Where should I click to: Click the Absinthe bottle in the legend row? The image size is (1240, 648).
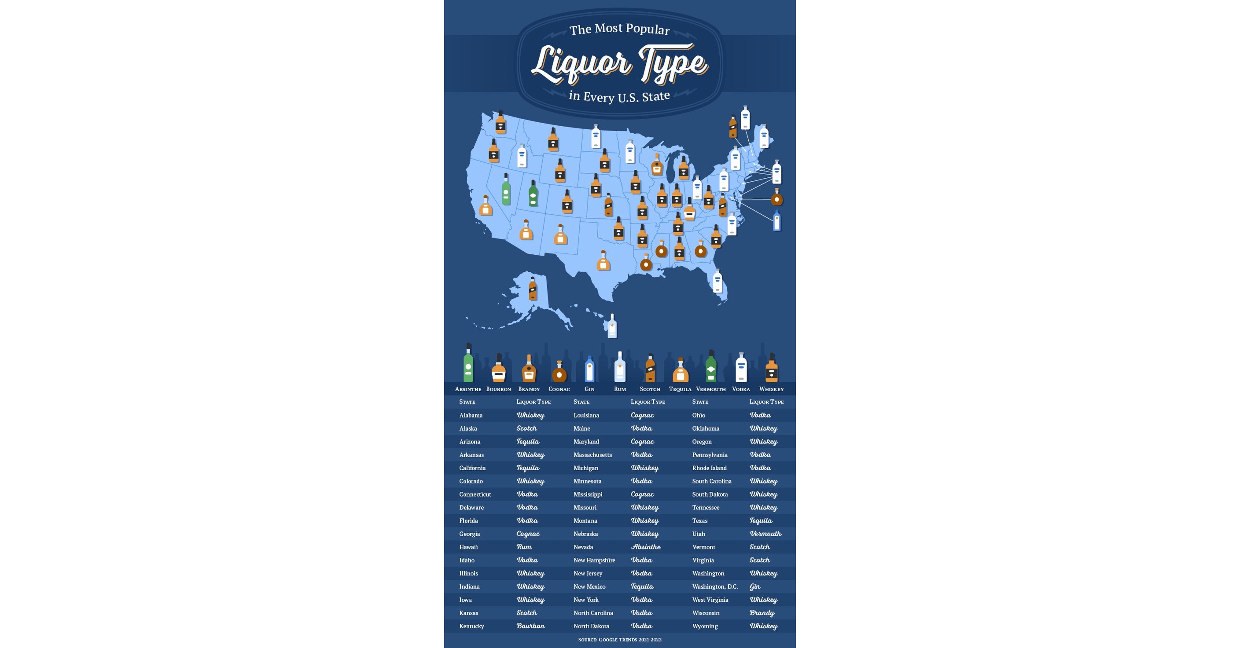click(468, 364)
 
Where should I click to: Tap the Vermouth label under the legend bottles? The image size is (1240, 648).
click(710, 389)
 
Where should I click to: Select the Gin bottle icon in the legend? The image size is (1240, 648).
click(589, 370)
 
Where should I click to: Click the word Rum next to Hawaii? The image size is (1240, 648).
click(524, 547)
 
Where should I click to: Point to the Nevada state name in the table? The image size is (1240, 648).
click(583, 547)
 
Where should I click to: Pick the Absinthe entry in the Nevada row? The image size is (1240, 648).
click(645, 547)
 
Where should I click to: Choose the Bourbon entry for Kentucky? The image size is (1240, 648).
click(530, 626)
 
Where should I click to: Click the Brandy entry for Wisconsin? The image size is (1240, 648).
click(762, 613)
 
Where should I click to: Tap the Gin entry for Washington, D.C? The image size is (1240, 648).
click(755, 586)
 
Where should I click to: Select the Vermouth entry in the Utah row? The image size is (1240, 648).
click(765, 534)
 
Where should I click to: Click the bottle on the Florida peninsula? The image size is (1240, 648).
click(717, 281)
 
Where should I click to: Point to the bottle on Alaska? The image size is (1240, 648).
click(532, 289)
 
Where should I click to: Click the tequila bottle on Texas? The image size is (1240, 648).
click(603, 261)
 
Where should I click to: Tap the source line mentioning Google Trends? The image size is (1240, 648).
click(619, 640)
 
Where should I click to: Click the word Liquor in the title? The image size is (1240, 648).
click(581, 64)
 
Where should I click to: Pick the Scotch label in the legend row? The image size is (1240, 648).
click(650, 389)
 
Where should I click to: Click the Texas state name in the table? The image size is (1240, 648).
click(699, 520)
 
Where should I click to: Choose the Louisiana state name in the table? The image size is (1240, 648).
click(586, 415)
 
